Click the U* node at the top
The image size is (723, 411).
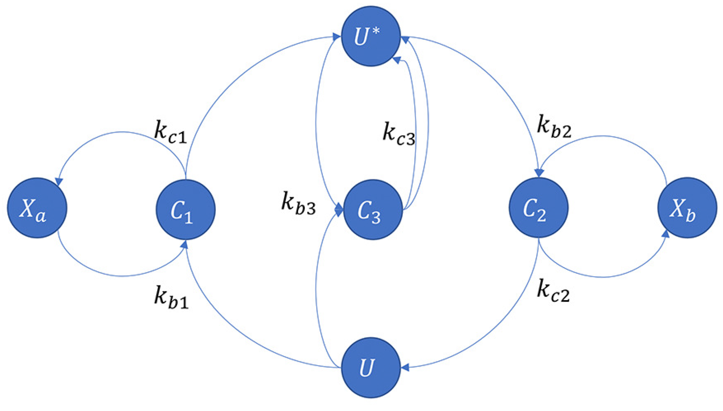pos(371,36)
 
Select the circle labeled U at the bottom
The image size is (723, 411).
pos(371,367)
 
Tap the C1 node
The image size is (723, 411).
pos(186,209)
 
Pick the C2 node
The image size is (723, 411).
pos(538,208)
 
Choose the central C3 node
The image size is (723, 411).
pos(373,209)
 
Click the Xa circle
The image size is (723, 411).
pos(37,208)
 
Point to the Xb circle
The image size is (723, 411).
pos(687,208)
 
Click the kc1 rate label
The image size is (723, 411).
pos(171,132)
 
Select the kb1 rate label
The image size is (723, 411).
pos(171,298)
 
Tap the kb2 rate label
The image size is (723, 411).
pos(554,127)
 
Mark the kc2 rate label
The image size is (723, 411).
pos(553,291)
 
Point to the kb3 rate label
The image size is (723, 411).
pos(298,203)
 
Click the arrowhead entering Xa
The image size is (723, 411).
pos(59,182)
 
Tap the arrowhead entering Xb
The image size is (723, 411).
pos(665,234)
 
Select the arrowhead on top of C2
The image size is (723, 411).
pos(539,173)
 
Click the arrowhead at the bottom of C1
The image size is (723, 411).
pos(185,245)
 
